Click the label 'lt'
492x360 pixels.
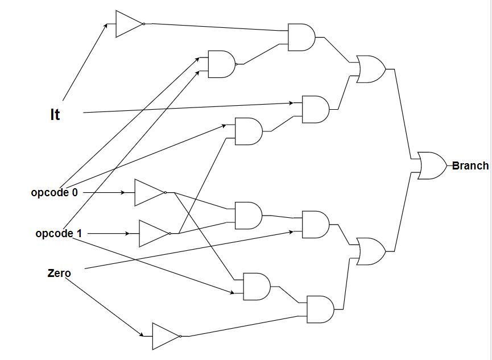pyautogui.click(x=55, y=114)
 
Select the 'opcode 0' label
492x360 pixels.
pyautogui.click(x=54, y=192)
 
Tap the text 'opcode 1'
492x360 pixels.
pyautogui.click(x=58, y=233)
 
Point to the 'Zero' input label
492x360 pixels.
pyautogui.click(x=59, y=273)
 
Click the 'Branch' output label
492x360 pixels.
pyautogui.click(x=470, y=165)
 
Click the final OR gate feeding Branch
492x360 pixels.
pyautogui.click(x=431, y=165)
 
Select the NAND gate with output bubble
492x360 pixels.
pyautogui.click(x=222, y=64)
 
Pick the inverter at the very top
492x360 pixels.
pyautogui.click(x=129, y=24)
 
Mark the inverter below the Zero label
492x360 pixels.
pyautogui.click(x=166, y=336)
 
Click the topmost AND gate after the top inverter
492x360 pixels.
pyautogui.click(x=301, y=37)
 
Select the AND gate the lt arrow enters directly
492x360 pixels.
pyautogui.click(x=315, y=109)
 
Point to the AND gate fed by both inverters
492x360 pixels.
pyautogui.click(x=248, y=215)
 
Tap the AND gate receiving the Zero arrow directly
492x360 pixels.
pyautogui.click(x=315, y=225)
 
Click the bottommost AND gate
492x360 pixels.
pyautogui.click(x=320, y=309)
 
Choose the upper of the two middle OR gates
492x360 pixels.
pyautogui.click(x=370, y=69)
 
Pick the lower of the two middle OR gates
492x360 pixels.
pyautogui.click(x=370, y=251)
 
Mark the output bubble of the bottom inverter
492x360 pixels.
pyautogui.click(x=180, y=336)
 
